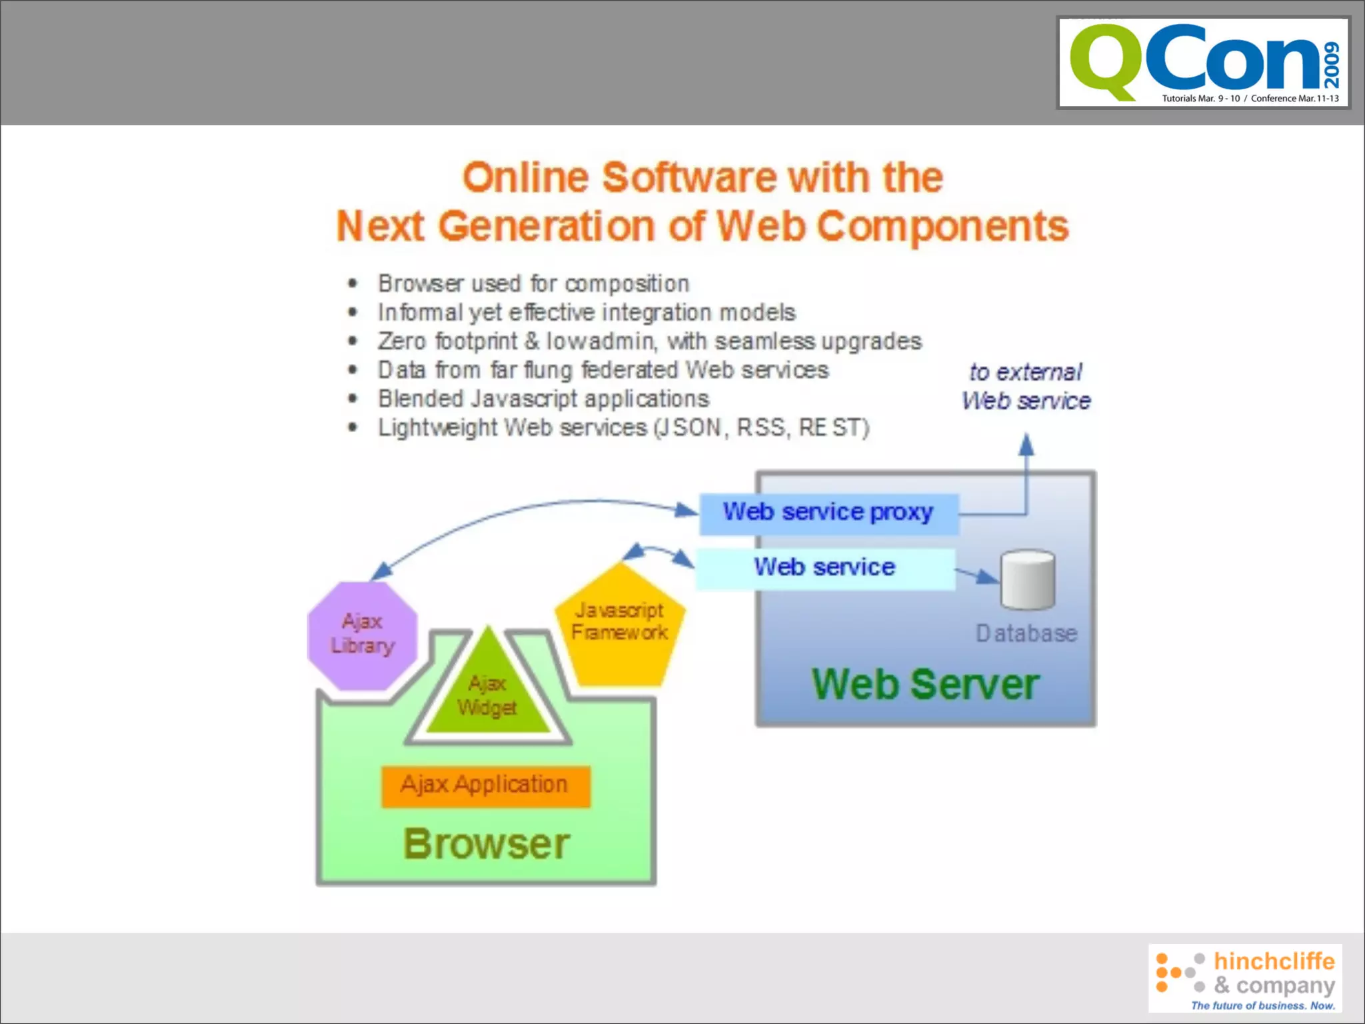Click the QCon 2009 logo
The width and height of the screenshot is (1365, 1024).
tap(1203, 63)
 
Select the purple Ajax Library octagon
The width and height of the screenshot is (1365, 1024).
tap(363, 635)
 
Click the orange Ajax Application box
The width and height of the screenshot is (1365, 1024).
tap(485, 785)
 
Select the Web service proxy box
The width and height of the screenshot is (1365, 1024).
tap(828, 513)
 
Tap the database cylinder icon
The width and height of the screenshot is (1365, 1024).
tap(1027, 579)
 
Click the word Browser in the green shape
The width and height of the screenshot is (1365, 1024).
tap(487, 844)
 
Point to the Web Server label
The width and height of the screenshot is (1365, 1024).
tap(925, 684)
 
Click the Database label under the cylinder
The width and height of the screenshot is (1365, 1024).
tap(1026, 633)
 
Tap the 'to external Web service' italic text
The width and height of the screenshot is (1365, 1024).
tap(1026, 387)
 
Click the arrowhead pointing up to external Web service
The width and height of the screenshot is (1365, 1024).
tap(1026, 444)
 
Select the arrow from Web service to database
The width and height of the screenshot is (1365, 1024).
tap(977, 575)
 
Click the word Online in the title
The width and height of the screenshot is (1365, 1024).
tap(526, 177)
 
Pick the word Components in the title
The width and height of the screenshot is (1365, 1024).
tap(942, 227)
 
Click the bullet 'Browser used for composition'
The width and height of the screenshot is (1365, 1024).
tap(533, 284)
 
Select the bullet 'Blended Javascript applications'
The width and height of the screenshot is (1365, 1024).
tap(543, 399)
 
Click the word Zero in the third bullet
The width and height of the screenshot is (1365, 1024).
tap(402, 341)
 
